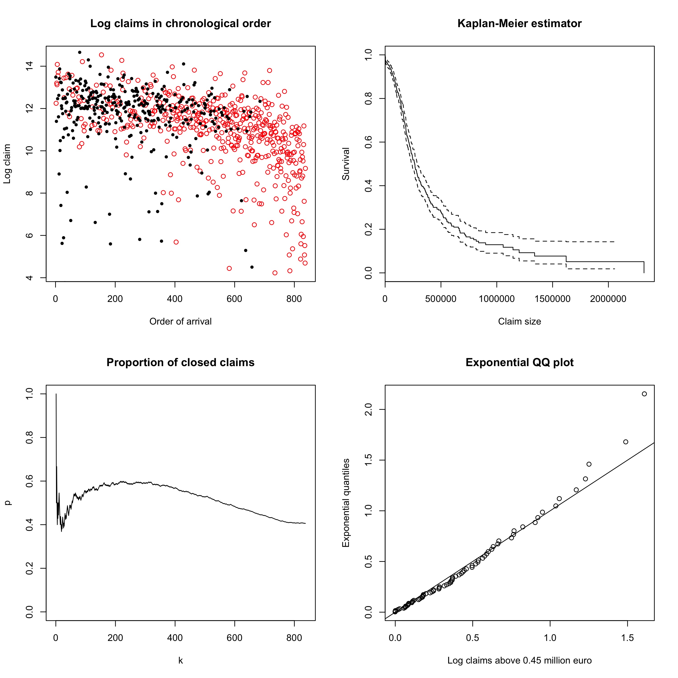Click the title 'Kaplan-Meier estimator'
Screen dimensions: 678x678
pos(519,24)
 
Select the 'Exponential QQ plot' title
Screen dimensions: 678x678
pos(519,363)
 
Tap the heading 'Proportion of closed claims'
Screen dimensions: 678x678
pos(180,363)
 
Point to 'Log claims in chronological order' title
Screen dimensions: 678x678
pos(180,24)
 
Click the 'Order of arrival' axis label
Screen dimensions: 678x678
pos(180,321)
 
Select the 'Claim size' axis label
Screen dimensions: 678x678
pos(519,321)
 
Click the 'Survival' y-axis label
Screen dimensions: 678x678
pos(346,164)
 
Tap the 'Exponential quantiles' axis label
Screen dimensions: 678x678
pos(346,503)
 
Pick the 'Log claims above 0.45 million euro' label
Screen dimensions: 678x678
pos(519,660)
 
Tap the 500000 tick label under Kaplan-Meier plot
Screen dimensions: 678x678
pos(441,299)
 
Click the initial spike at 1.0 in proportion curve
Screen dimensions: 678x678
pos(56,394)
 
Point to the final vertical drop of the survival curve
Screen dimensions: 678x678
pos(644,267)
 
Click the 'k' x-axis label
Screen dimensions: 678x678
pos(180,660)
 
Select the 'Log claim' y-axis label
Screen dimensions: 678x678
pos(7,164)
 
